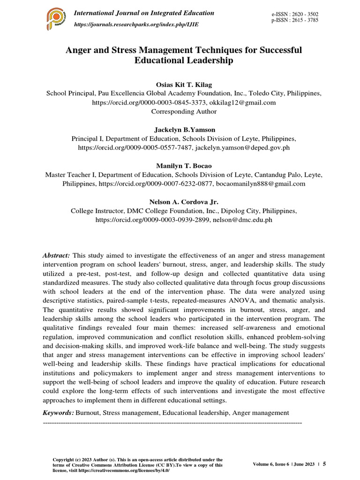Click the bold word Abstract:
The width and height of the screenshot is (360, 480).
point(57,255)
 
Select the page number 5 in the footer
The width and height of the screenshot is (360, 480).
point(324,464)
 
